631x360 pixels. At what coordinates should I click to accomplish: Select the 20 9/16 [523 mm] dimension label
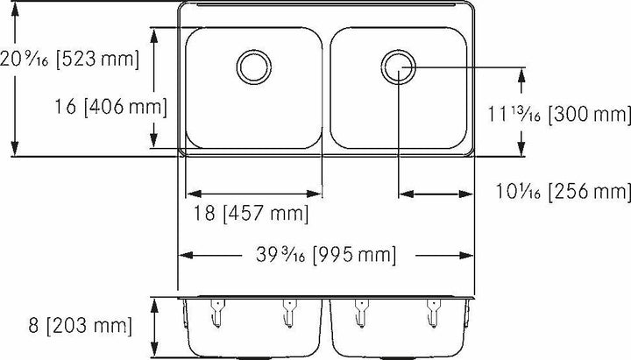[x=70, y=60]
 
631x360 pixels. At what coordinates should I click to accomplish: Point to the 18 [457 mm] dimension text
[x=249, y=213]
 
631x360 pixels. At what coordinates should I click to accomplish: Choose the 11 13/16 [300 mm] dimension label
[x=559, y=114]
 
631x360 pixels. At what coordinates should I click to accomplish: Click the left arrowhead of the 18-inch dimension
[x=188, y=193]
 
